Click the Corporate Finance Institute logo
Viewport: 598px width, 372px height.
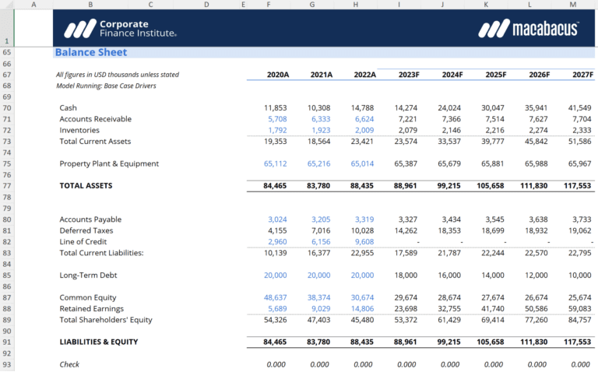120,29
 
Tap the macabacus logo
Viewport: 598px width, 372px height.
529,29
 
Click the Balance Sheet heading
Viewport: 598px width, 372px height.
90,52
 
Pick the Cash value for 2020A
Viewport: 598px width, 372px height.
276,107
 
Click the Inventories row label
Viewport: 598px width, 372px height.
79,130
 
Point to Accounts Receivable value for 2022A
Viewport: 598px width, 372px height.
363,119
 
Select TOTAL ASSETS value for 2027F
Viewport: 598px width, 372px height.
577,186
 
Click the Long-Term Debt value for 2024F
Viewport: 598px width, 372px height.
450,275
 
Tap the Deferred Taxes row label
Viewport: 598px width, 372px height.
86,230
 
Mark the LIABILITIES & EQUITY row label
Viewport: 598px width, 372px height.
98,342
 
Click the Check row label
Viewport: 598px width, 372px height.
70,364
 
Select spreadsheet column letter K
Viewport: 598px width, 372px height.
486,5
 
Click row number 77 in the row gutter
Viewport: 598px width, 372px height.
7,186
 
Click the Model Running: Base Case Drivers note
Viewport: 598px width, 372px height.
106,86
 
